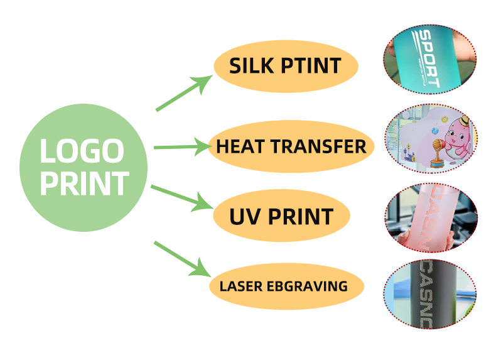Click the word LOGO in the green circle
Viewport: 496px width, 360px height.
pyautogui.click(x=82, y=151)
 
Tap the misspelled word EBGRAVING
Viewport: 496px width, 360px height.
pyautogui.click(x=306, y=286)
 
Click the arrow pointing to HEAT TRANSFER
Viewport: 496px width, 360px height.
pyautogui.click(x=181, y=148)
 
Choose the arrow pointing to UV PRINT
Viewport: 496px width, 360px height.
pyautogui.click(x=182, y=198)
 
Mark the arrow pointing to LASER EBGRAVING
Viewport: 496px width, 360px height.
pyautogui.click(x=182, y=258)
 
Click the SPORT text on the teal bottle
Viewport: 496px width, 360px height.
pyautogui.click(x=428, y=58)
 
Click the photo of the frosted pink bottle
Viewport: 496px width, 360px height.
pyautogui.click(x=431, y=217)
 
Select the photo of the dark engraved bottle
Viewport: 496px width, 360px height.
pyautogui.click(x=431, y=294)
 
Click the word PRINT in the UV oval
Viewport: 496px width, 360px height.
pyautogui.click(x=299, y=217)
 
